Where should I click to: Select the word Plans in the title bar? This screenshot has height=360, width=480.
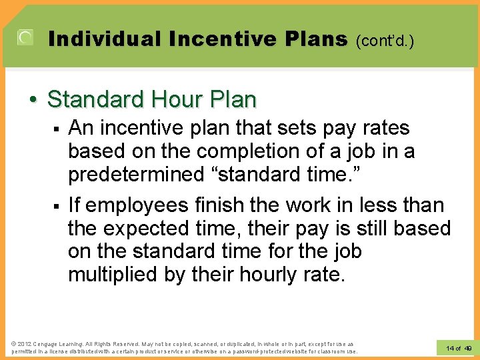312,39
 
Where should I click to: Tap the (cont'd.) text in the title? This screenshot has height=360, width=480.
385,41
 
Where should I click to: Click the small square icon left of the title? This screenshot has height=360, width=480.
25,38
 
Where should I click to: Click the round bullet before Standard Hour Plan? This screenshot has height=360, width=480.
33,101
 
